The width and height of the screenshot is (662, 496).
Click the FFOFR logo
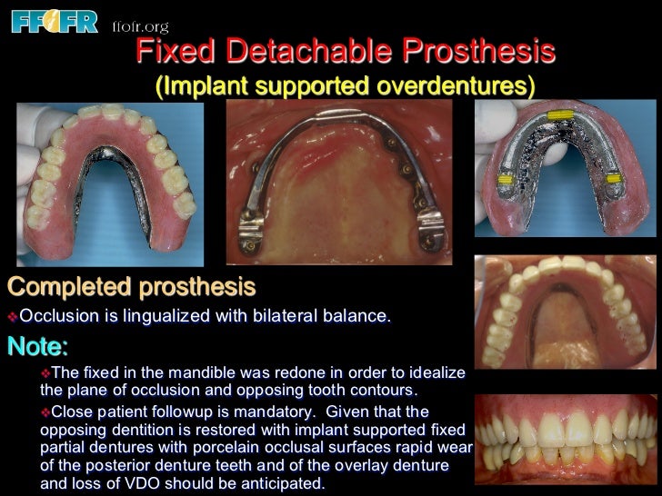pyautogui.click(x=54, y=19)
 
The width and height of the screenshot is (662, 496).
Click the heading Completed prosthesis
pyautogui.click(x=132, y=288)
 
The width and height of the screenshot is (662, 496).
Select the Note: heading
pyautogui.click(x=37, y=347)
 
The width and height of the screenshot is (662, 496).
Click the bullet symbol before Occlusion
pyautogui.click(x=13, y=318)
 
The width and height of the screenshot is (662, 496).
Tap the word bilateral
pyautogui.click(x=281, y=317)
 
